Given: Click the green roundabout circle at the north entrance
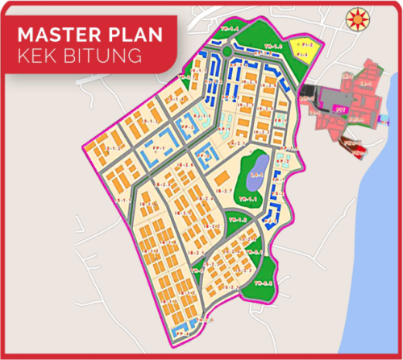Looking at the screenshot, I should (x=228, y=52).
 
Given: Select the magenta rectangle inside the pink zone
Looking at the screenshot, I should (x=341, y=106).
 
